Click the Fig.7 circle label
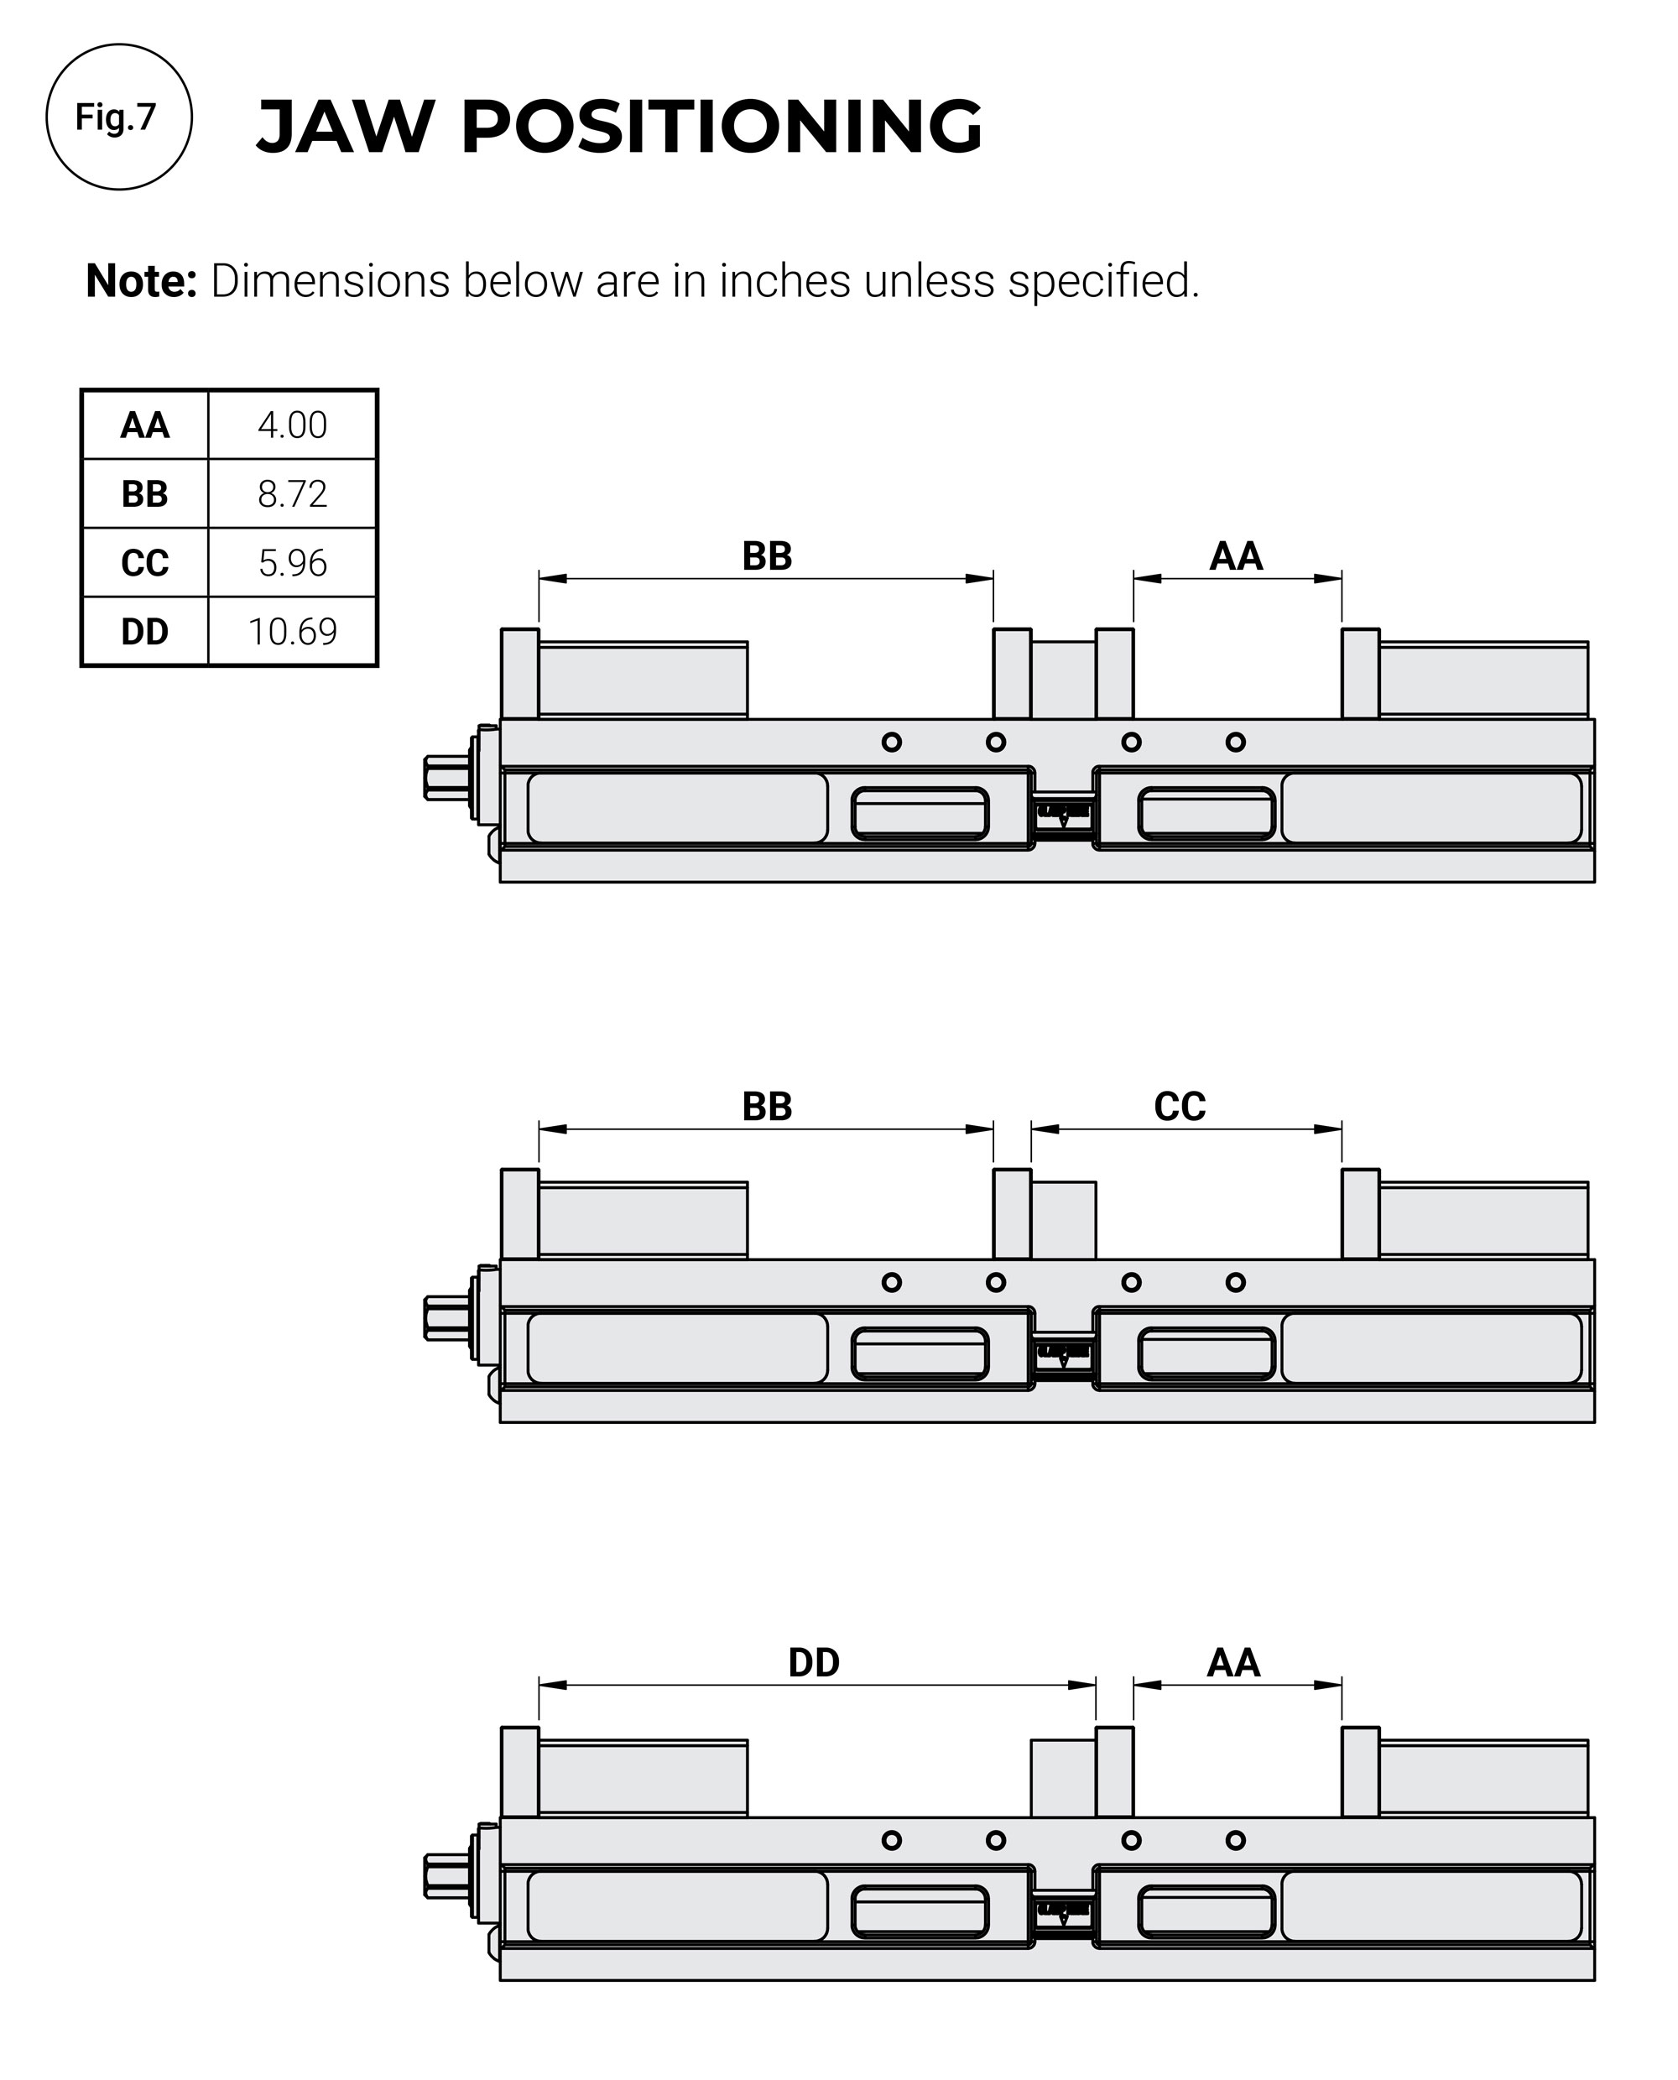118,117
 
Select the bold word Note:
141,281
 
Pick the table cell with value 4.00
292,425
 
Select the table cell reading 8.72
292,494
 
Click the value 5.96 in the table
292,562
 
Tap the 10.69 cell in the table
292,632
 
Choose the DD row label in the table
145,632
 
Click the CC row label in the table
145,562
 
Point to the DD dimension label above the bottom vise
813,1662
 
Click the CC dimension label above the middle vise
1180,1107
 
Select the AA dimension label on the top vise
1235,557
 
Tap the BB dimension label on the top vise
767,557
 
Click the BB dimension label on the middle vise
767,1107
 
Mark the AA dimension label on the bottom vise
1233,1662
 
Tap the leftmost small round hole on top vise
891,743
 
